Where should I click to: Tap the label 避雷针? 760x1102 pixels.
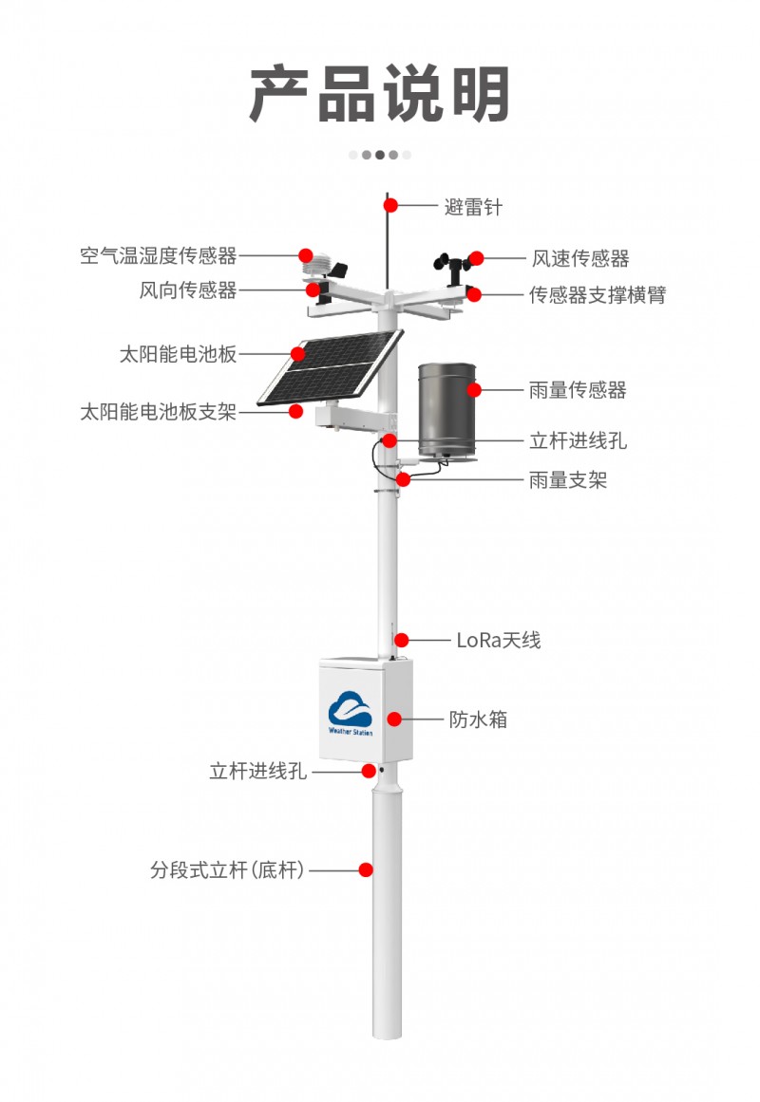[x=472, y=206]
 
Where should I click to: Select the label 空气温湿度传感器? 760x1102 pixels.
[x=158, y=255]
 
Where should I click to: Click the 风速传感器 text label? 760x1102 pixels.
[x=579, y=258]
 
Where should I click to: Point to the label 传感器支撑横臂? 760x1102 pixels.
[x=598, y=294]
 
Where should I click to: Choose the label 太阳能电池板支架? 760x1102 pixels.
[x=158, y=412]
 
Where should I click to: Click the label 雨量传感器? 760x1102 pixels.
[x=578, y=390]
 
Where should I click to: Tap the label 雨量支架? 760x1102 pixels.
[x=567, y=480]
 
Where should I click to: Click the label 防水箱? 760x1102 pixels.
[x=478, y=719]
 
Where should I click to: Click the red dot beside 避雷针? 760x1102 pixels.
[x=389, y=205]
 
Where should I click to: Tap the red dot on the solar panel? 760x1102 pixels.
[x=298, y=354]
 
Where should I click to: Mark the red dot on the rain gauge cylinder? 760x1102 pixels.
[x=474, y=389]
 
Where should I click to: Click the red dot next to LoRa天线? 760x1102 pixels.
[x=402, y=640]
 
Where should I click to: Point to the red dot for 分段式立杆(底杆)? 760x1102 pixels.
[x=366, y=869]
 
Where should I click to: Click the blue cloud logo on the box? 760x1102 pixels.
[x=351, y=707]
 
